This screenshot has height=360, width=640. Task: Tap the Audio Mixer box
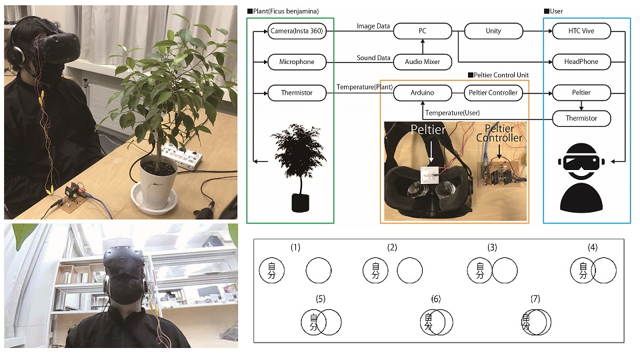pyautogui.click(x=423, y=62)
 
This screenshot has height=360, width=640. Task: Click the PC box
pyautogui.click(x=423, y=31)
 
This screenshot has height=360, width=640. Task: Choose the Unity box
pyautogui.click(x=493, y=31)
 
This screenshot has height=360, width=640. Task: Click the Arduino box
pyautogui.click(x=423, y=93)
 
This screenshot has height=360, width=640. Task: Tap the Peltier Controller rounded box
pyautogui.click(x=493, y=93)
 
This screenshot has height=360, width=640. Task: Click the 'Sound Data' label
pyautogui.click(x=373, y=58)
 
